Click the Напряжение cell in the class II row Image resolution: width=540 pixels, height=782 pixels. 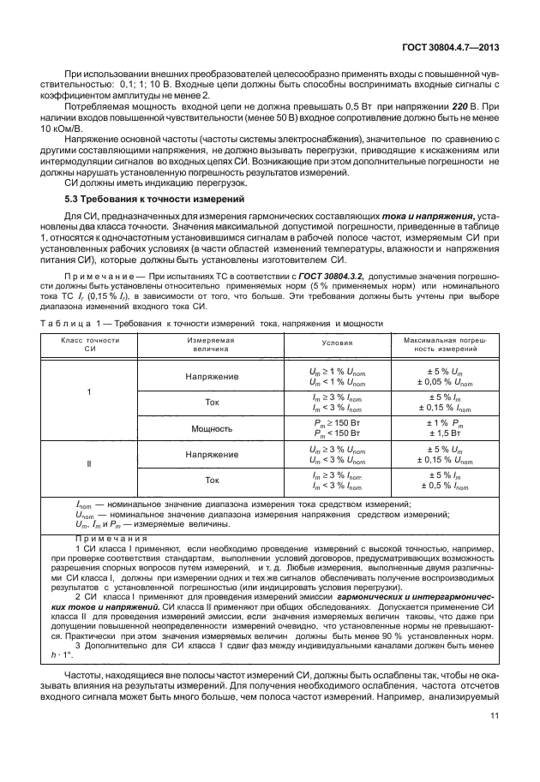tap(211, 454)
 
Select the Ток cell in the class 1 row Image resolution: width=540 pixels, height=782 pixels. tap(211, 402)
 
